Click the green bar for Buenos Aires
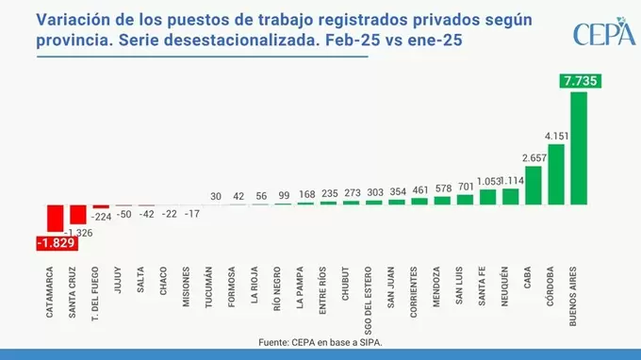(x=579, y=149)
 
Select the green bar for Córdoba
(x=556, y=174)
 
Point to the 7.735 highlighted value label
(x=579, y=82)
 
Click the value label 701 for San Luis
(x=465, y=187)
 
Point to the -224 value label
(x=101, y=216)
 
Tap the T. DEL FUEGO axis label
(x=101, y=294)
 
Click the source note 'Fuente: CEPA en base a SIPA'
(x=320, y=343)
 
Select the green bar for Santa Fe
(x=487, y=197)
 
